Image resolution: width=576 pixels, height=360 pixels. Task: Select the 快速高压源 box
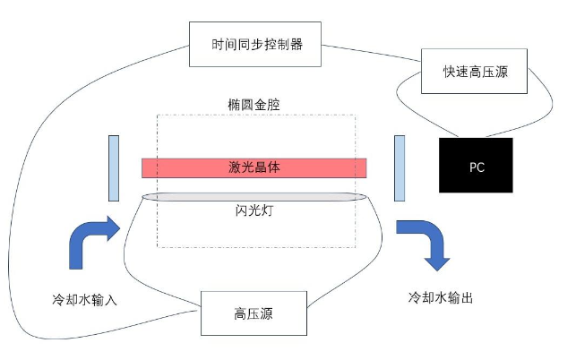pyautogui.click(x=475, y=73)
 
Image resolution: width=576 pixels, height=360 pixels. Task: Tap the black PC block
pyautogui.click(x=476, y=166)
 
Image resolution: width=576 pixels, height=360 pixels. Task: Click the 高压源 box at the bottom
pyautogui.click(x=254, y=313)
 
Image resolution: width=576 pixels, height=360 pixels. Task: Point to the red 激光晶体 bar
pyautogui.click(x=254, y=167)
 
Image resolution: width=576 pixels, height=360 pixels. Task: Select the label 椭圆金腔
pyautogui.click(x=254, y=104)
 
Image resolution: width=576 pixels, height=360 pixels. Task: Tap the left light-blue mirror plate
pyautogui.click(x=114, y=167)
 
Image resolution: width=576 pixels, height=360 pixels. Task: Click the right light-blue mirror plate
pyautogui.click(x=400, y=167)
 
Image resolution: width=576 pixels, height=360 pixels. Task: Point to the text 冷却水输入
pyautogui.click(x=85, y=298)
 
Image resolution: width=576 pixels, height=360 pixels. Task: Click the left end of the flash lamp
pyautogui.click(x=146, y=197)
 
